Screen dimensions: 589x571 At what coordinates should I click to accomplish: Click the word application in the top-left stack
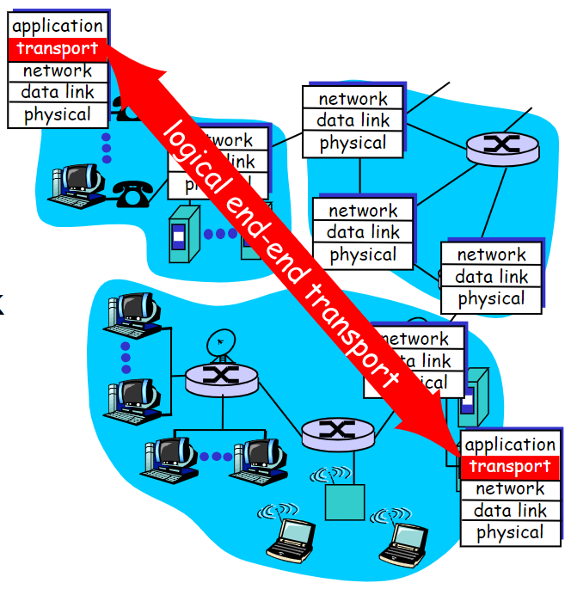58,26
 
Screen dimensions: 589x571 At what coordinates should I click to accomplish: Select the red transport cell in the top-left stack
58,49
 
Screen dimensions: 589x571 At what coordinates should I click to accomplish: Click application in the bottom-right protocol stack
510,445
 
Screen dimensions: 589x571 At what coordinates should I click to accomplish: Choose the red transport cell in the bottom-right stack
510,467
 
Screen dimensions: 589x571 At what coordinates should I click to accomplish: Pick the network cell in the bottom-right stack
510,489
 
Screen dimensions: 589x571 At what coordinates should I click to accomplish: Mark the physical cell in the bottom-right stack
510,533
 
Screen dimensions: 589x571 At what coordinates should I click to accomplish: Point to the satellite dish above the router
221,345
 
